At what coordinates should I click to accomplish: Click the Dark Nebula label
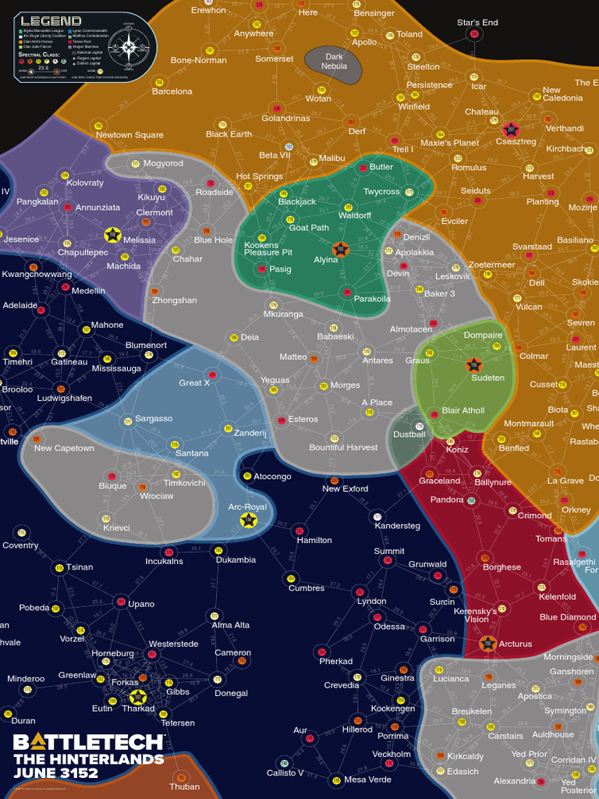point(334,62)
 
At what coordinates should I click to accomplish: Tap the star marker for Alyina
point(340,250)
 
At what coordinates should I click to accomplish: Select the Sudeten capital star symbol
point(473,364)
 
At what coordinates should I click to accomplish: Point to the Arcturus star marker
point(488,644)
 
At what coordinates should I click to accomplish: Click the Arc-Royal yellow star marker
point(249,520)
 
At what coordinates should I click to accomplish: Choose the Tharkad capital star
point(138,698)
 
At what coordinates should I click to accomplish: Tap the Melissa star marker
point(112,235)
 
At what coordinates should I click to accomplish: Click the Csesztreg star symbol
point(510,130)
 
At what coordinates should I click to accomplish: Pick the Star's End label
point(477,23)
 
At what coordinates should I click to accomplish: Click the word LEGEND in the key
point(51,21)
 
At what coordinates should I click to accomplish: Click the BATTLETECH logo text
point(88,742)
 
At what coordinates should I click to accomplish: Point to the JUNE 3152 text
point(56,774)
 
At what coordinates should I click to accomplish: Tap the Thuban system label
point(185,787)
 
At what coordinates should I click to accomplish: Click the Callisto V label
point(285,773)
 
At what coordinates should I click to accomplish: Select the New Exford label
point(346,489)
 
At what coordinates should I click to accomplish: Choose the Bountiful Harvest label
point(343,448)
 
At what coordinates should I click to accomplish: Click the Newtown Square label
point(129,135)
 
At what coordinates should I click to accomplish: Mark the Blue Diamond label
point(568,617)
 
